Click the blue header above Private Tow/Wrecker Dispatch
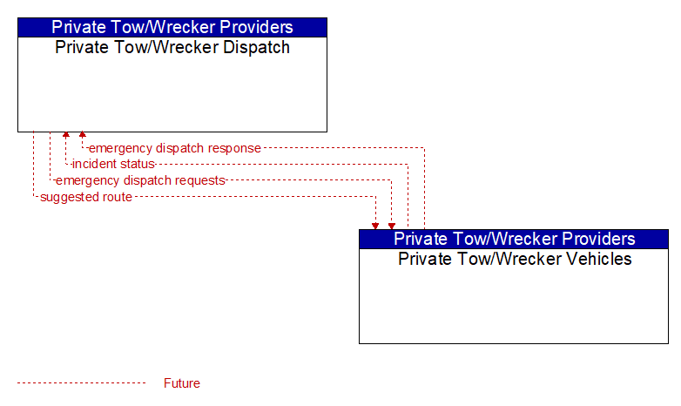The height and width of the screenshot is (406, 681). tap(172, 27)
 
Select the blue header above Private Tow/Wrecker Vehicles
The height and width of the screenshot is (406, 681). tap(514, 239)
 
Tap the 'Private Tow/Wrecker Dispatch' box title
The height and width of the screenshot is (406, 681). tap(172, 47)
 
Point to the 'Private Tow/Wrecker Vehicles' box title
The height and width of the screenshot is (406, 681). tap(515, 259)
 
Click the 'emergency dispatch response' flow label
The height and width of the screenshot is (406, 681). tap(174, 148)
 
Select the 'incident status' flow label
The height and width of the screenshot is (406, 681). tap(113, 164)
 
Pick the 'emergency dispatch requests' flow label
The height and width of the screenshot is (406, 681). tap(140, 180)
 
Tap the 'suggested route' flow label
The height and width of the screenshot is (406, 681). tap(86, 197)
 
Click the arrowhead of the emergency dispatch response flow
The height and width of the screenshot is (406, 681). tap(83, 134)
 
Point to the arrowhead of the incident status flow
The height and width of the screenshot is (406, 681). tap(66, 134)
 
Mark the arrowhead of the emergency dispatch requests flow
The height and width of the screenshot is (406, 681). tap(392, 227)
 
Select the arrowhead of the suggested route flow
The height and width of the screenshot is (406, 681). tap(375, 227)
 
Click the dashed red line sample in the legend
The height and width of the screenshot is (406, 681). tap(82, 383)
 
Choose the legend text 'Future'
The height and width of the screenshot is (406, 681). tap(182, 383)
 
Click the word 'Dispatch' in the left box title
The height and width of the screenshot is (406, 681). tap(256, 47)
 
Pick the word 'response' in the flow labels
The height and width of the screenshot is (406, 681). tap(234, 148)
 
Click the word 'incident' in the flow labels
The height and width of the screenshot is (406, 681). tap(90, 164)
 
